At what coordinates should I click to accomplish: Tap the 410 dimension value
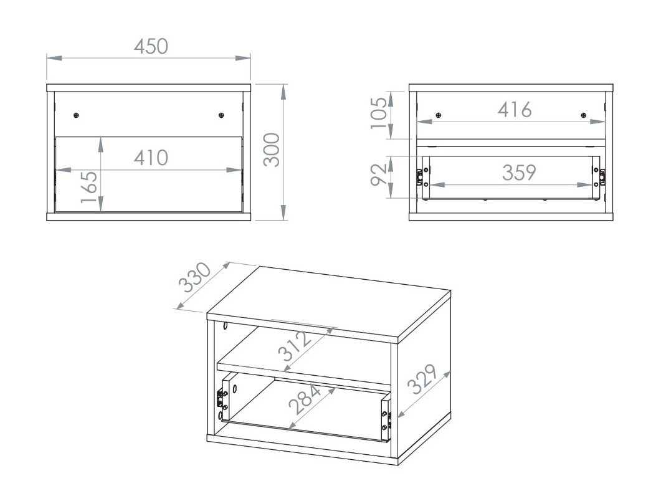[151, 158]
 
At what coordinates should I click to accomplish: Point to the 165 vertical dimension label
[89, 187]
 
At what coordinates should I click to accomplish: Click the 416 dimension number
[515, 110]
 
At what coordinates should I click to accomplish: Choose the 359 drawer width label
[518, 173]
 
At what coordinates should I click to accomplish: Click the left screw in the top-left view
[77, 115]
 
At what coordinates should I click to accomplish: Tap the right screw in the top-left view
[221, 115]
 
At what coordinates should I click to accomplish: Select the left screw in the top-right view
[439, 115]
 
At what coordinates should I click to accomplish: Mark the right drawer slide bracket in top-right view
[602, 177]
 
